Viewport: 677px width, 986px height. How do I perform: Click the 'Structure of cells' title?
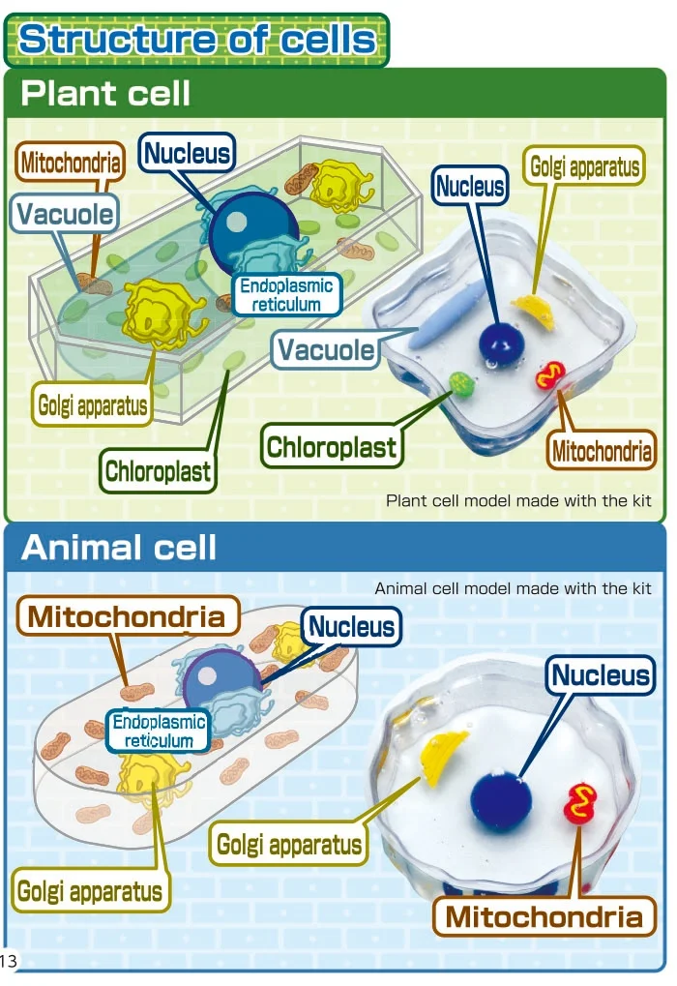197,40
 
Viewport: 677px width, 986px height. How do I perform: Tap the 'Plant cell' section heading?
105,94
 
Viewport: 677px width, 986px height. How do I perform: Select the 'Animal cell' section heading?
119,548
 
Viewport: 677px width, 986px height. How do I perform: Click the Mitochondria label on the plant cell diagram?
71,163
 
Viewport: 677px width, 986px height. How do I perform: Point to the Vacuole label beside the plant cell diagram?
65,214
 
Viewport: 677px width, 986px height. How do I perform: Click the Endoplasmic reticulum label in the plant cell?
286,294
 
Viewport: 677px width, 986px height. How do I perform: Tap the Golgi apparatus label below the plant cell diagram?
94,404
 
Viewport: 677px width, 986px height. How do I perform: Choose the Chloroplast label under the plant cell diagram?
159,473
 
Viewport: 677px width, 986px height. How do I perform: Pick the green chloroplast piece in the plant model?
463,385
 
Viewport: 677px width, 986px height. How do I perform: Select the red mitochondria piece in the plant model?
550,374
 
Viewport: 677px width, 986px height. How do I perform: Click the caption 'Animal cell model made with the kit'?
513,588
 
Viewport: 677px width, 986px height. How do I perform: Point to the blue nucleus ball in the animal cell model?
501,799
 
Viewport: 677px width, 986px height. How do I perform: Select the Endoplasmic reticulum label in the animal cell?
160,732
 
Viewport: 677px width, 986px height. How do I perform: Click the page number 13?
9,961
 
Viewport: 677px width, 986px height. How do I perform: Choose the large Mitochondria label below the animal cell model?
544,916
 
